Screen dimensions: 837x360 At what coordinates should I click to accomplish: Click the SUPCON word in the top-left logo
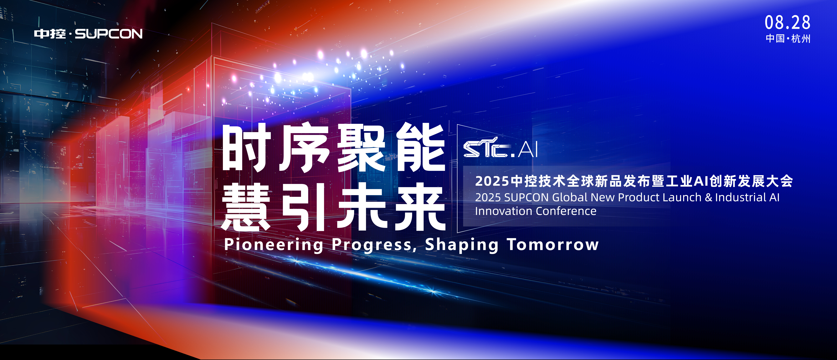[x=109, y=34]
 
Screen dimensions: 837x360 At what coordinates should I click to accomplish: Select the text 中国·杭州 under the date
[x=788, y=39]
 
